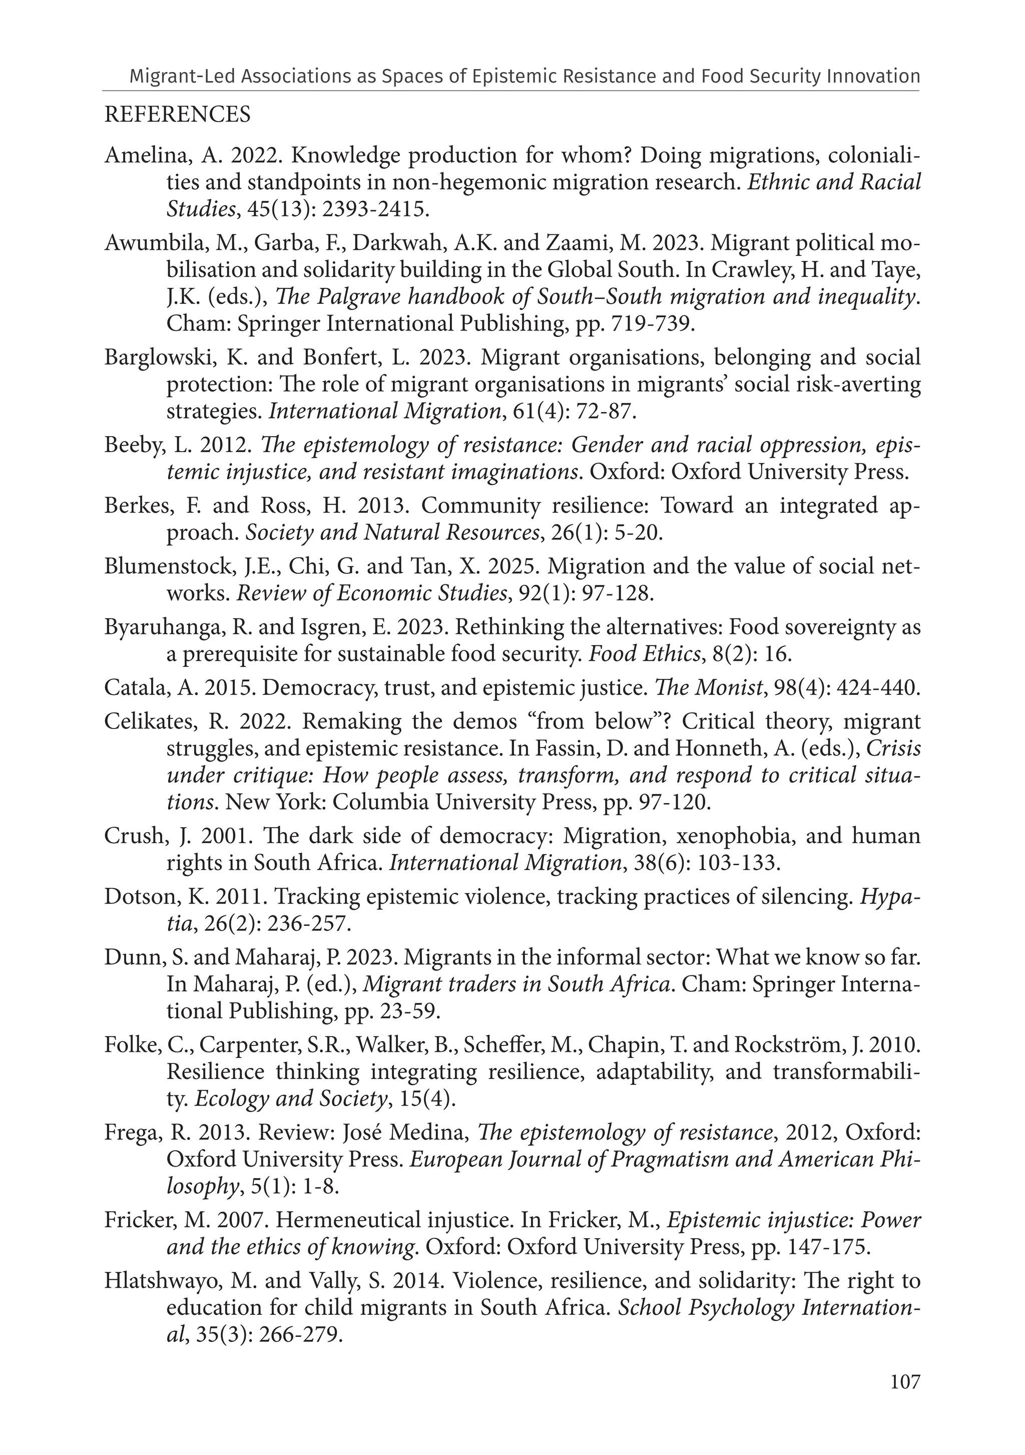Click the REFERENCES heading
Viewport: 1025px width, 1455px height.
pyautogui.click(x=177, y=115)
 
